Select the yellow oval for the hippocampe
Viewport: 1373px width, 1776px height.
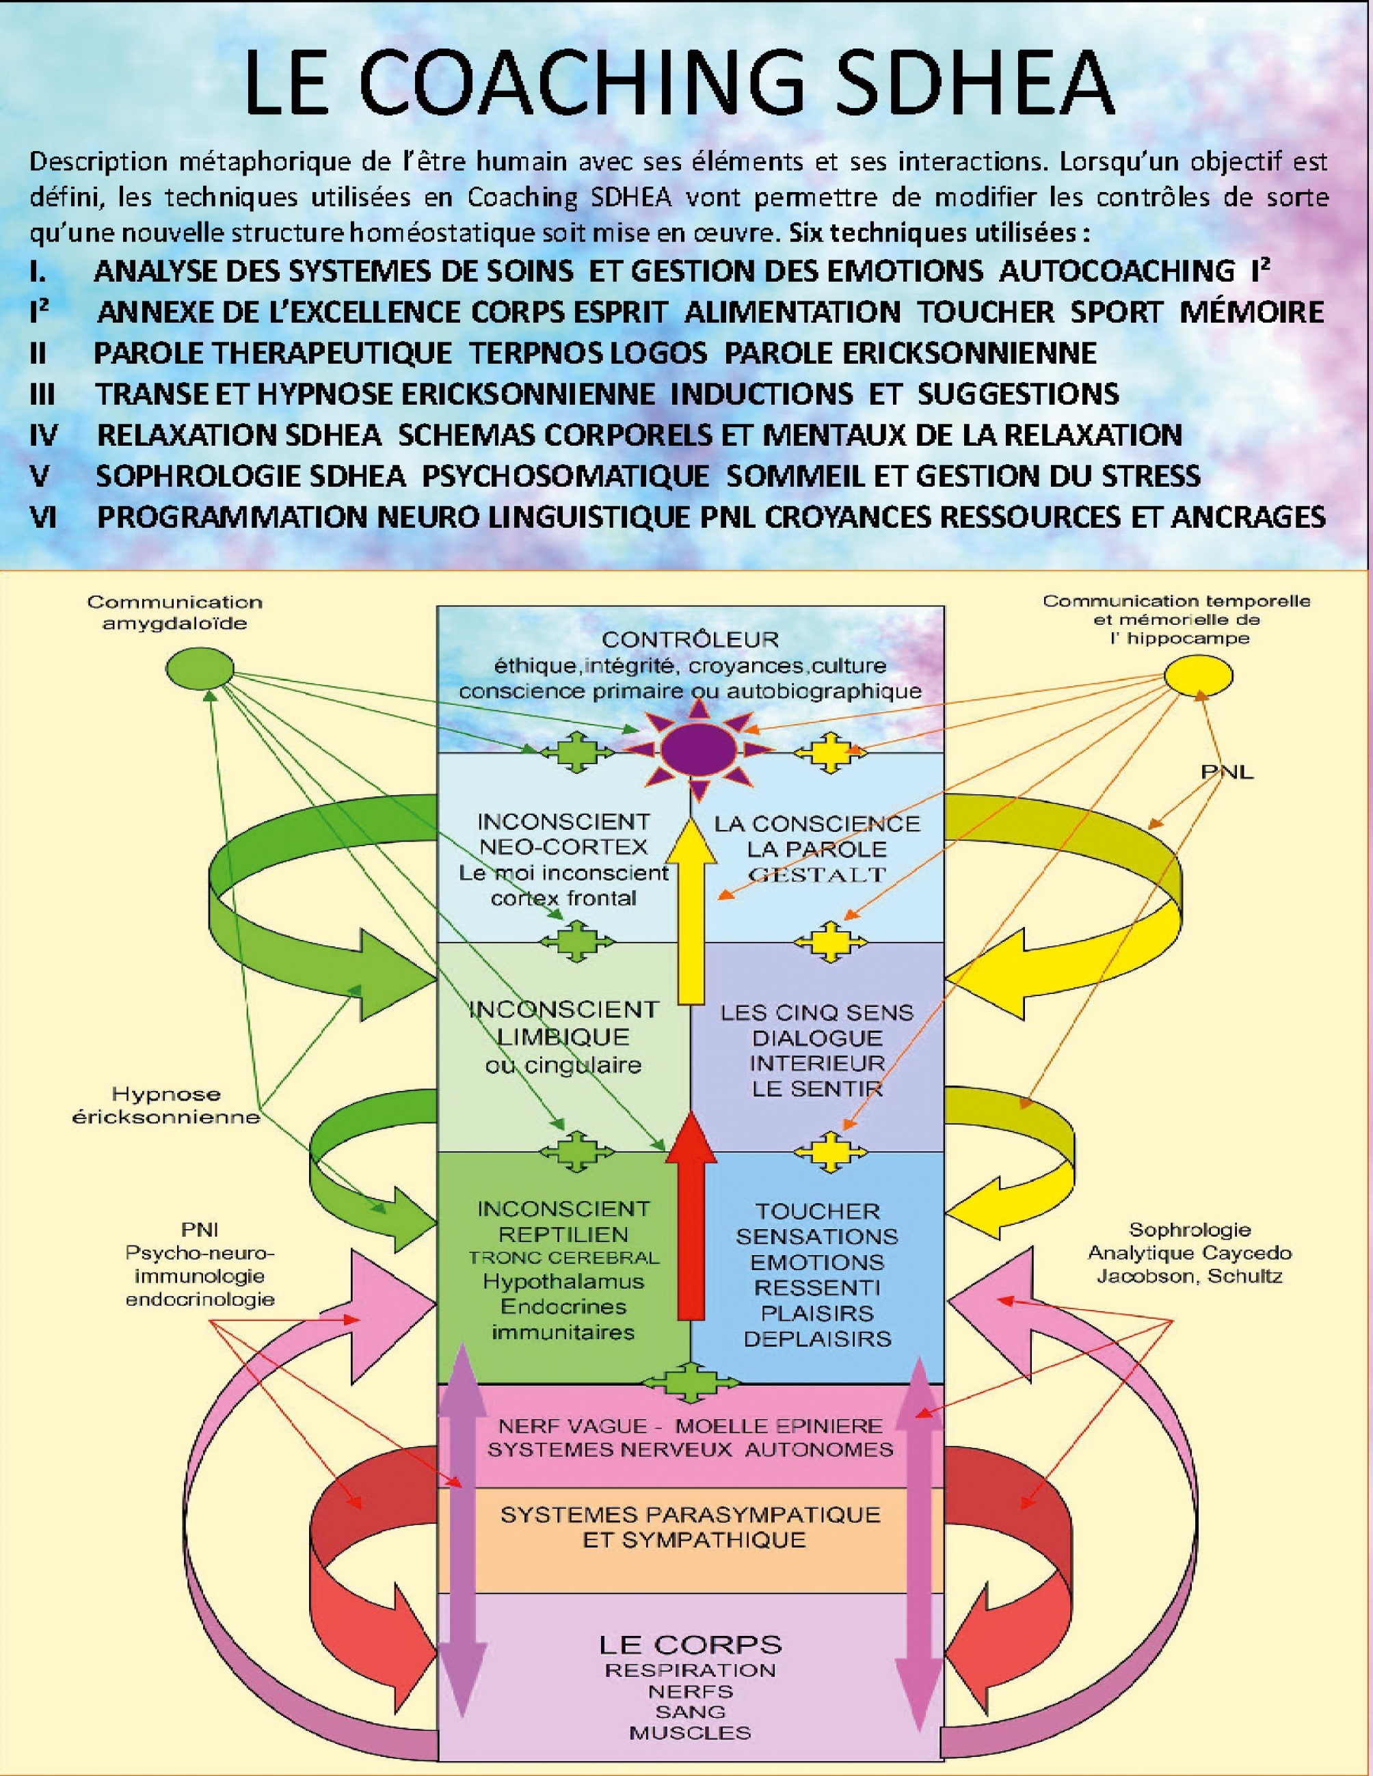pyautogui.click(x=1198, y=675)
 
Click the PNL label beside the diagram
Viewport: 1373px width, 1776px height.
pyautogui.click(x=1227, y=772)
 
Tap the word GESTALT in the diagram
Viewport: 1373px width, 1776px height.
pyautogui.click(x=816, y=875)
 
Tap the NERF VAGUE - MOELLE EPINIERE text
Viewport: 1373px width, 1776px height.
pyautogui.click(x=690, y=1425)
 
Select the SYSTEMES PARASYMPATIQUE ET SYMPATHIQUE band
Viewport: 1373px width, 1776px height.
pyautogui.click(x=690, y=1526)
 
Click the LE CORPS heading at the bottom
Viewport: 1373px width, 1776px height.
pyautogui.click(x=690, y=1644)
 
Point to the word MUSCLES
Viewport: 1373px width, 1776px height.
pyautogui.click(x=690, y=1733)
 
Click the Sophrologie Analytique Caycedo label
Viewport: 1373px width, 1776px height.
pyautogui.click(x=1189, y=1252)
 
